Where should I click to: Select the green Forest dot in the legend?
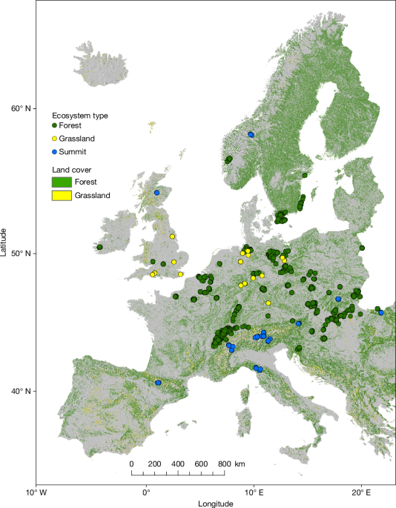[55, 126]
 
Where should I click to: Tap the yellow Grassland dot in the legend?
[55, 139]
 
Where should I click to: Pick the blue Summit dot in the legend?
[55, 151]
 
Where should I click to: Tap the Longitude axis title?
[217, 503]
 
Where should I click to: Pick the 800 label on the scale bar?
[221, 464]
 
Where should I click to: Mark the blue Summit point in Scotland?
[157, 193]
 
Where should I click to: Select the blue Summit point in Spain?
[159, 383]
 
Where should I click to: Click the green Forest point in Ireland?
[99, 247]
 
